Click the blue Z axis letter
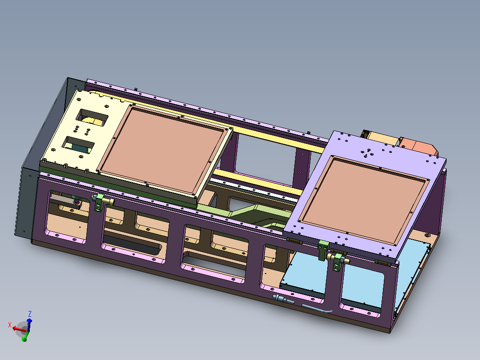coord(30,314)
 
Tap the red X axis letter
coord(10,325)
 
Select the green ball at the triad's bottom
coord(24,340)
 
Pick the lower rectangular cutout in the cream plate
coord(78,145)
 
